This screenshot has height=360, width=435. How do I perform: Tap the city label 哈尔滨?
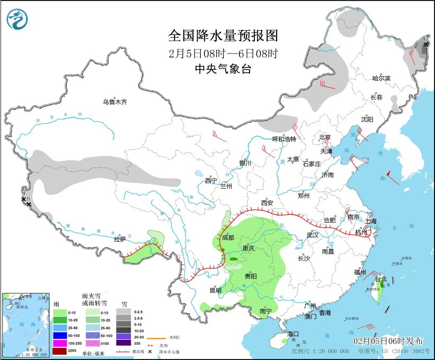380,78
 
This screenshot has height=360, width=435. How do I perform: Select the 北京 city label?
325,137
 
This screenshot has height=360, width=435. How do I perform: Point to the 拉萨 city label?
120,239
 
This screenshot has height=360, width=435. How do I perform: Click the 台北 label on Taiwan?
381,279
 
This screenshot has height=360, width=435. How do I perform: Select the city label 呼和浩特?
282,139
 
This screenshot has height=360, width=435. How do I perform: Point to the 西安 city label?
267,203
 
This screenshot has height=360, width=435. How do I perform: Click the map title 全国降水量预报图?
223,36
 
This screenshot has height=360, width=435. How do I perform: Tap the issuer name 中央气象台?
223,69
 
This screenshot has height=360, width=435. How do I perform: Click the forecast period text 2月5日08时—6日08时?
223,53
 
